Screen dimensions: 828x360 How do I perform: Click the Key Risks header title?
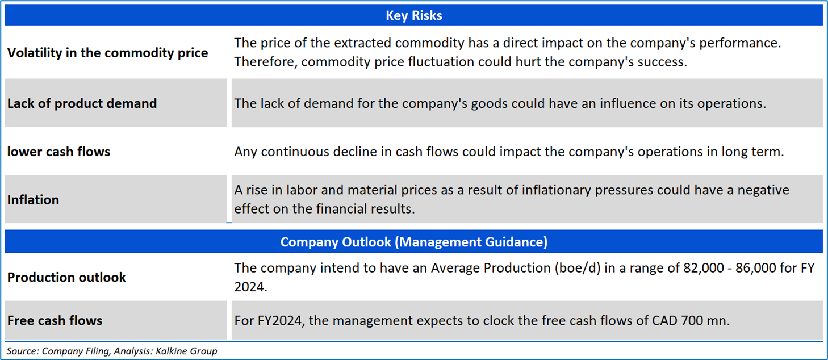pyautogui.click(x=413, y=15)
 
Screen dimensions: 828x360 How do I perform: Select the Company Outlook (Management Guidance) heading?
pyautogui.click(x=413, y=242)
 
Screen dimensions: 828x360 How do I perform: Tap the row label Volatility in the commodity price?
pyautogui.click(x=107, y=53)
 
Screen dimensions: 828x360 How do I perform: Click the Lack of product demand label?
pyautogui.click(x=82, y=103)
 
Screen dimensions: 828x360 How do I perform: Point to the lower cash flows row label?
pyautogui.click(x=58, y=152)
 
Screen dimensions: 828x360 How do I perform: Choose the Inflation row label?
pyautogui.click(x=34, y=200)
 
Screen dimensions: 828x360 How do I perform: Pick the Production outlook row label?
pyautogui.click(x=66, y=277)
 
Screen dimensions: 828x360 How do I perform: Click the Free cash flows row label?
pyautogui.click(x=55, y=320)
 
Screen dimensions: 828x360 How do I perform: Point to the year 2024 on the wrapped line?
pyautogui.click(x=250, y=287)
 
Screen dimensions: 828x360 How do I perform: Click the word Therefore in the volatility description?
pyautogui.click(x=266, y=62)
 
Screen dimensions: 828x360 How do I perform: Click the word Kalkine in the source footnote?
pyautogui.click(x=170, y=351)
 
